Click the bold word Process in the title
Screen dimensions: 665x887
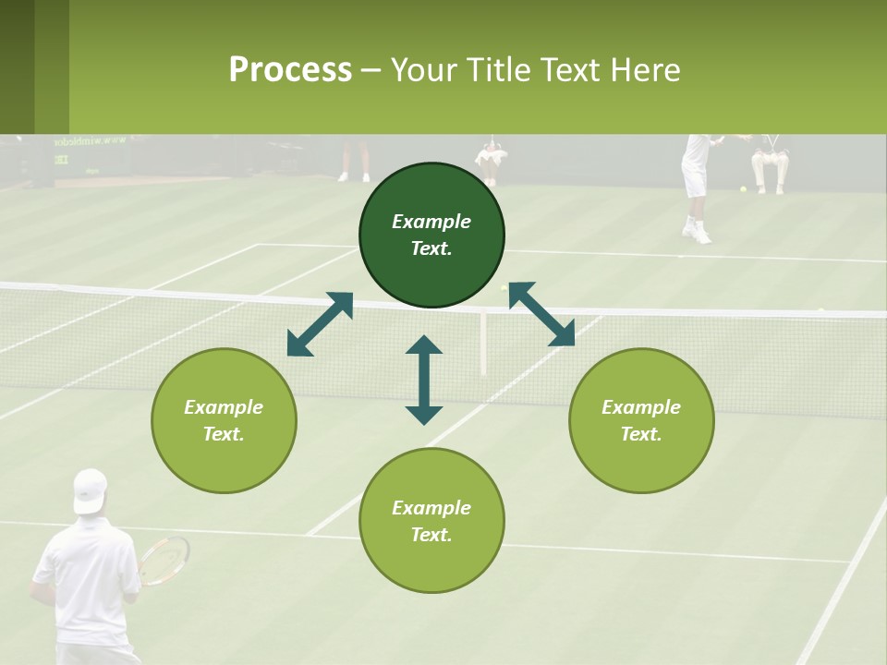[x=290, y=70]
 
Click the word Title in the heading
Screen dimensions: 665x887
[x=499, y=70]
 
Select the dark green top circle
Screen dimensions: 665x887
[x=431, y=235]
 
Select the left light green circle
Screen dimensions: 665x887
[x=224, y=420]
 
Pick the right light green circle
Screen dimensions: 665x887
[x=641, y=420]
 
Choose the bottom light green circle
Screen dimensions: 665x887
[x=431, y=520]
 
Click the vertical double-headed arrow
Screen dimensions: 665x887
[x=424, y=380]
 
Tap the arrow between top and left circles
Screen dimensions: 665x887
[x=320, y=324]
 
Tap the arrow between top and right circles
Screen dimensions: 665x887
[x=541, y=314]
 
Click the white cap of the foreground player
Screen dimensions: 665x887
[x=90, y=489]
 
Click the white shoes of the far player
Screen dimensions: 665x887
[x=698, y=232]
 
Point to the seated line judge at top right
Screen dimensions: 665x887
[x=770, y=162]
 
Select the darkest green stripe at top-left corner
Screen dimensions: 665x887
[x=17, y=66]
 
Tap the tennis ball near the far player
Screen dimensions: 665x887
[x=743, y=189]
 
